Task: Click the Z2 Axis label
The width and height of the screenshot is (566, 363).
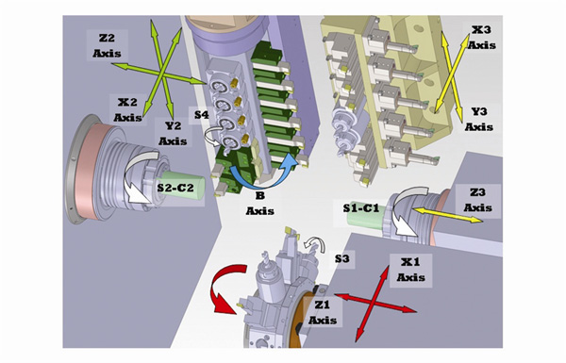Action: point(107,45)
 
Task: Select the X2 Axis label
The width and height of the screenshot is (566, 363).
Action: point(127,109)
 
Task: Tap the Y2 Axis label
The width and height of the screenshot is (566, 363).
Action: point(173,133)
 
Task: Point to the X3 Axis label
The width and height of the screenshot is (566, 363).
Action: point(481,38)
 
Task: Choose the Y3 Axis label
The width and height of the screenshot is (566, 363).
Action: point(479,119)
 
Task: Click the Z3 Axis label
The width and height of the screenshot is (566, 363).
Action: point(477,200)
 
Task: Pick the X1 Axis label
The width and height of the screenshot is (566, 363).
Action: point(410,269)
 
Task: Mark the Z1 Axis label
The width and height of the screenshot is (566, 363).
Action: point(323,312)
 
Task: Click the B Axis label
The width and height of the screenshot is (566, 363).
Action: point(260,204)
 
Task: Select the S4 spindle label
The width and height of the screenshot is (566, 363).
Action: point(202,115)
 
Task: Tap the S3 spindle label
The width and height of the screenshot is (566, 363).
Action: point(341,258)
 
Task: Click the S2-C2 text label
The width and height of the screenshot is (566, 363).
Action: point(175,188)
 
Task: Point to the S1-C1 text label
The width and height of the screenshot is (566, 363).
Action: point(361,208)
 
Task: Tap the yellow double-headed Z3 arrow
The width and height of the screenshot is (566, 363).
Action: point(447,215)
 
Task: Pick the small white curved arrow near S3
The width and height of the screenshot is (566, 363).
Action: point(314,244)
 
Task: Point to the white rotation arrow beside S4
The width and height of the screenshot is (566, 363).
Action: point(214,136)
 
